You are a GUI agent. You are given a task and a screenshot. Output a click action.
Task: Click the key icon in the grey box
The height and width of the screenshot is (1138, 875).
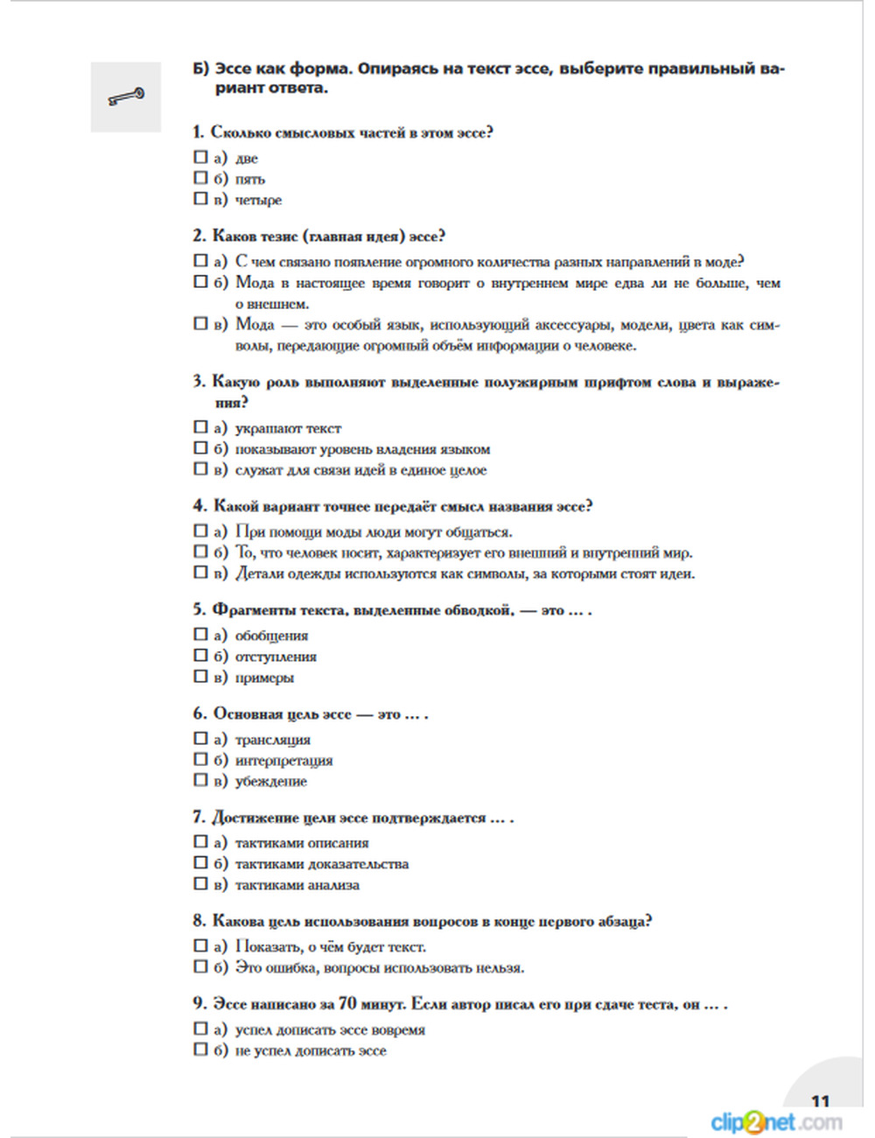126,96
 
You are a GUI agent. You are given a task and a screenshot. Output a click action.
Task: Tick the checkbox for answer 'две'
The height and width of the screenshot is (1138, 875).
200,158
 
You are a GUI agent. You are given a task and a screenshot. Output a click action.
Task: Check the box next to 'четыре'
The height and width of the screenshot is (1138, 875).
200,199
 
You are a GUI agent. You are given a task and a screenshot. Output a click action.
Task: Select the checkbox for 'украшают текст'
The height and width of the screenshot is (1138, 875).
200,427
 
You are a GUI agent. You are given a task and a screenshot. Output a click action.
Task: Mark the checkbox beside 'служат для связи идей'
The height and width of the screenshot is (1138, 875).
200,468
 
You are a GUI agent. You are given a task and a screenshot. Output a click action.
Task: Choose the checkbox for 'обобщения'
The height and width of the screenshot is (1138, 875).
200,635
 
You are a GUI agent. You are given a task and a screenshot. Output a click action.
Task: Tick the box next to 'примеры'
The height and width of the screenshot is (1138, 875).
200,676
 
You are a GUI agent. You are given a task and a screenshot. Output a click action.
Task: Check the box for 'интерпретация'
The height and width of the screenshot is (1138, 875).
200,759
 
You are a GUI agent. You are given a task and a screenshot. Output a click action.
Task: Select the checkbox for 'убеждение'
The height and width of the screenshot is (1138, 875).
200,780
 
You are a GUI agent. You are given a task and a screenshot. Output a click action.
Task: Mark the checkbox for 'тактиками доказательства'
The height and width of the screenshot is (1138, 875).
200,862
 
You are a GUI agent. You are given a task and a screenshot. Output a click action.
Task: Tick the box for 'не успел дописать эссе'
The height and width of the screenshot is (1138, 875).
200,1049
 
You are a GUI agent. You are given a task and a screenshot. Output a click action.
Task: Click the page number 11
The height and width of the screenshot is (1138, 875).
820,1101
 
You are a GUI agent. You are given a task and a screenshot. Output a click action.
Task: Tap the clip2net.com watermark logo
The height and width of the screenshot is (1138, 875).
776,1121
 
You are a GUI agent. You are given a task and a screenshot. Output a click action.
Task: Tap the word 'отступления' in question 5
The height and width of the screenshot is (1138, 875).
276,657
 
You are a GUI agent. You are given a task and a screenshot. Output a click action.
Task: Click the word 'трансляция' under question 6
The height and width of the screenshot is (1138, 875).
272,740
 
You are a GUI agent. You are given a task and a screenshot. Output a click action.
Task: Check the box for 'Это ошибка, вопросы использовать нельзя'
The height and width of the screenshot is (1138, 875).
200,966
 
